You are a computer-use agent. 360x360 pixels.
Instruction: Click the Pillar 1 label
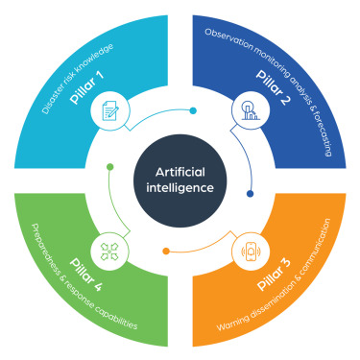[x=86, y=87]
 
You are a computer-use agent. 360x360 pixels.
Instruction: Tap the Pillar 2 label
[x=274, y=87]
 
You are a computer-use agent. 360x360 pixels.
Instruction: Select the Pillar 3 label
[x=274, y=275]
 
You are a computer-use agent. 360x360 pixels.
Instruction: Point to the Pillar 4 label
[x=86, y=275]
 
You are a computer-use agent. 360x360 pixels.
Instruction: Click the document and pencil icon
[x=109, y=110]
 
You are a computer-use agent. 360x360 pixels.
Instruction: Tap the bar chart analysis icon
[x=251, y=110]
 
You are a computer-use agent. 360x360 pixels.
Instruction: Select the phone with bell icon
[x=251, y=252]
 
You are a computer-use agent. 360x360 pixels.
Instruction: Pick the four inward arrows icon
[x=109, y=252]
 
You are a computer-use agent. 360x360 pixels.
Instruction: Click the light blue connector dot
[x=193, y=110]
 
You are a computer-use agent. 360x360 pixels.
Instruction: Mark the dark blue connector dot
[x=251, y=194]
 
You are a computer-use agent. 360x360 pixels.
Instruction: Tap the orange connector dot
[x=166, y=252]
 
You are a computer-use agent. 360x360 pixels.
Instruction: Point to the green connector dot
[x=110, y=167]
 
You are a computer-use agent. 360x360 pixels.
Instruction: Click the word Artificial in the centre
[x=180, y=172]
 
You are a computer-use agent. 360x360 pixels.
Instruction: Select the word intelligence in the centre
[x=180, y=188]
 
